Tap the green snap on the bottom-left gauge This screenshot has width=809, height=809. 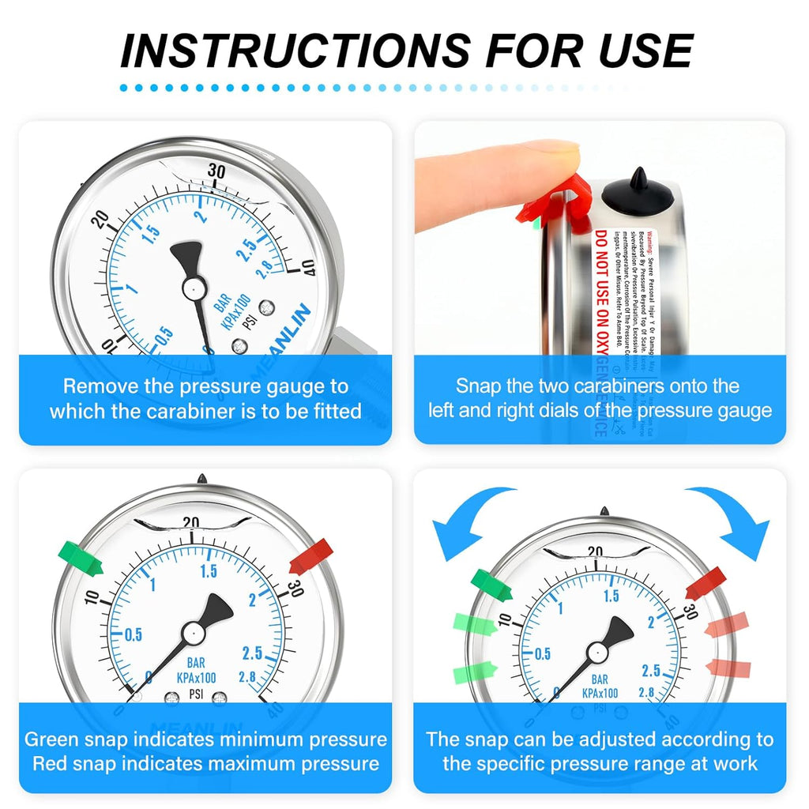click(82, 558)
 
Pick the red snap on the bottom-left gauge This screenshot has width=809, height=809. click(310, 556)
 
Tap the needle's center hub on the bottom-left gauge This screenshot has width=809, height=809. click(193, 633)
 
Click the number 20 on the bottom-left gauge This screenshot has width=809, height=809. click(190, 522)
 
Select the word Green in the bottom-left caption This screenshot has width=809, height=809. click(53, 739)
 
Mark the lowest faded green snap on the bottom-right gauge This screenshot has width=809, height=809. click(472, 672)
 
